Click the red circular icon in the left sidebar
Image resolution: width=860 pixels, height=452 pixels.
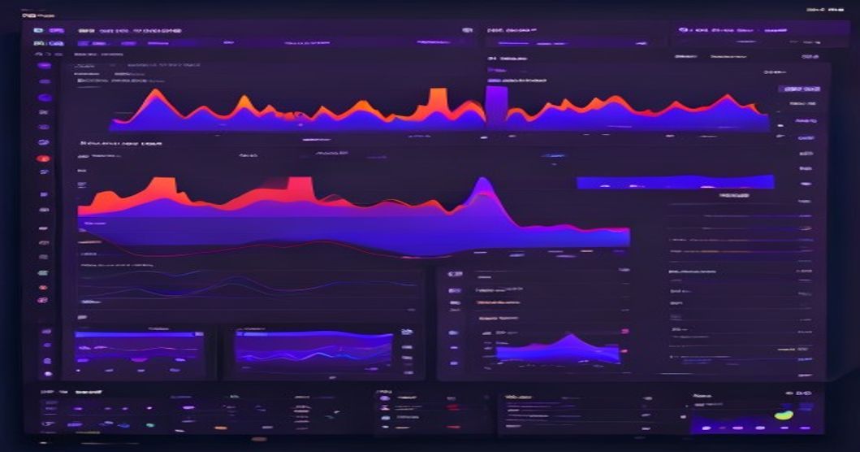[44, 159]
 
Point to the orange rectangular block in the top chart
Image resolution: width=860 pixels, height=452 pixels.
[438, 99]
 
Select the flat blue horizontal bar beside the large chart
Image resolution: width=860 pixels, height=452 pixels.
[675, 182]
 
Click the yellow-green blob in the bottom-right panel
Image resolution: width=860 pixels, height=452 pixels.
[783, 414]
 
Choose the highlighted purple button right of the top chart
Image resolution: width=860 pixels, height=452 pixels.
[801, 89]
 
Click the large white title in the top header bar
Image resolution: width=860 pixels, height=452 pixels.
[130, 30]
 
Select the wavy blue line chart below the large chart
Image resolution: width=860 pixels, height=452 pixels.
[244, 285]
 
